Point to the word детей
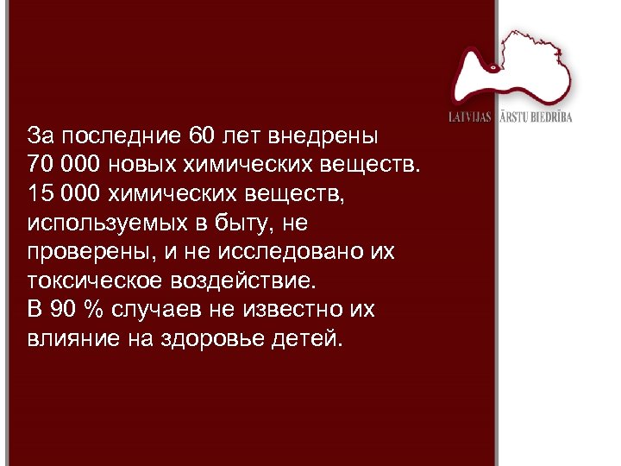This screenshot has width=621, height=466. tap(311, 337)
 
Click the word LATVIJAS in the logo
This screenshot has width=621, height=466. tap(469, 116)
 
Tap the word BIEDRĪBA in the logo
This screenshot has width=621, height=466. tap(550, 116)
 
